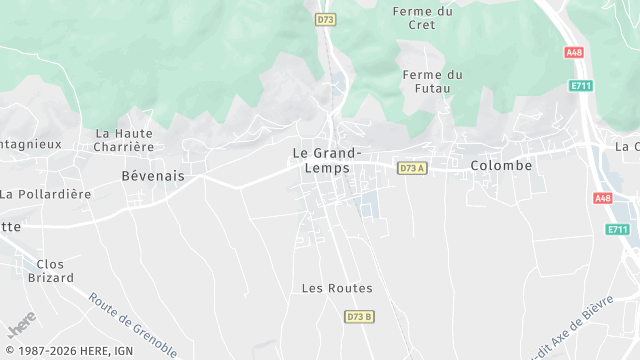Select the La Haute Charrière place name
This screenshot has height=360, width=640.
click(x=125, y=139)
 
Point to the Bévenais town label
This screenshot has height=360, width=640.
click(x=152, y=175)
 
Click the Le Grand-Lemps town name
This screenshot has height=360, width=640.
click(x=327, y=160)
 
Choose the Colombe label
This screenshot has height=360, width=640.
click(x=501, y=165)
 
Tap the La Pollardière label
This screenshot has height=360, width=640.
click(x=46, y=194)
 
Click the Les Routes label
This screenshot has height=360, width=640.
click(x=337, y=288)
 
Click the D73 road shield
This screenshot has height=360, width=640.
click(x=324, y=19)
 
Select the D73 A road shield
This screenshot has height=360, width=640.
click(x=412, y=168)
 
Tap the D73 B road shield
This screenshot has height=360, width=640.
click(x=359, y=317)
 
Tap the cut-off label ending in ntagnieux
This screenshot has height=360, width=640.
click(x=30, y=143)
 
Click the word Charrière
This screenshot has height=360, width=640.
click(x=123, y=146)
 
